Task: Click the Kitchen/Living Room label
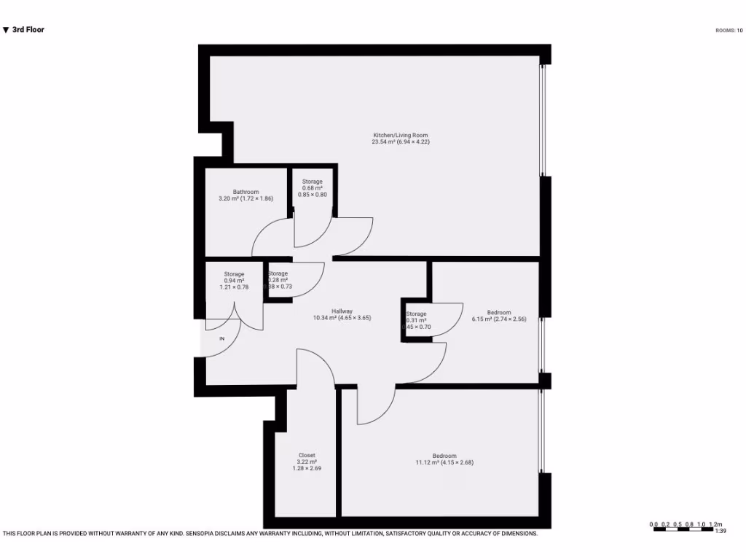401,136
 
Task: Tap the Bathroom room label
246,192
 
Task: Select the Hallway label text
342,311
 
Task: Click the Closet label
307,455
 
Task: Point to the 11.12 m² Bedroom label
444,456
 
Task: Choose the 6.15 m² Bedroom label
499,313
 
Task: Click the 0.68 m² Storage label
313,182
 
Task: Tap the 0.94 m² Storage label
234,274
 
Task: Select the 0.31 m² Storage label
417,314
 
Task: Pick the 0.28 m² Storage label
278,273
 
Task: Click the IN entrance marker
222,339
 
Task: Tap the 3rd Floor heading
28,30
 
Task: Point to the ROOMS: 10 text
729,31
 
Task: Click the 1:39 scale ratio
720,532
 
